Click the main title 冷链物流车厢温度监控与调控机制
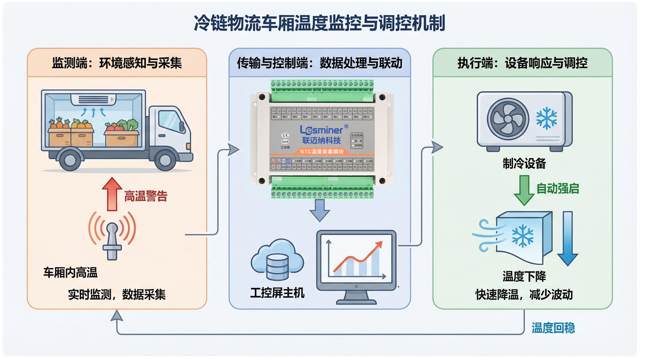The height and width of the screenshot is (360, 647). click(319, 23)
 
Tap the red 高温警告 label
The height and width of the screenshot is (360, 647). click(145, 196)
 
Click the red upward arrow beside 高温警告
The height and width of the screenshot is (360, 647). click(112, 194)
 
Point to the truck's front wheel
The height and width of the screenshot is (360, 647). click(165, 159)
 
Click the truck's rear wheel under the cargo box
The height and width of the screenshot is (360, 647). click(70, 159)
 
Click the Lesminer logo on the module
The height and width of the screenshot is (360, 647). click(322, 130)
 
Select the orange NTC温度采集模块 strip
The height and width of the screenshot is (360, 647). click(322, 152)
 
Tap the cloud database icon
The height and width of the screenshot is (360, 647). click(277, 260)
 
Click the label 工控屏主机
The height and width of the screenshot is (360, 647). click(277, 293)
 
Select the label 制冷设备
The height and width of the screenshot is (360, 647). click(524, 163)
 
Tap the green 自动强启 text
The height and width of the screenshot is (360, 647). click(557, 189)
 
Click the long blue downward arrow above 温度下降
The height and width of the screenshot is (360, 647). click(567, 238)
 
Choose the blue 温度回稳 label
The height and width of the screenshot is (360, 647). click(553, 328)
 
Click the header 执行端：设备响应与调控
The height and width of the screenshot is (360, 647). click(522, 63)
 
